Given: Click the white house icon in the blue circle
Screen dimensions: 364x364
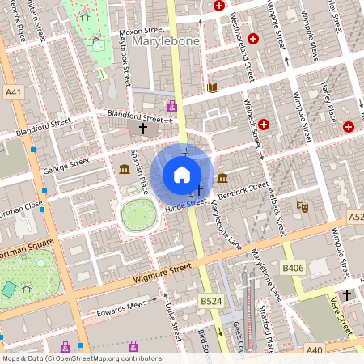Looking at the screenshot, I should (182, 175).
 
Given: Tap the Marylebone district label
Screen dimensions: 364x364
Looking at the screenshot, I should (160, 40).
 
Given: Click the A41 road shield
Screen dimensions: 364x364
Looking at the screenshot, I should (12, 93).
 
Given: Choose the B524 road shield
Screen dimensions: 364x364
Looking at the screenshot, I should (210, 301).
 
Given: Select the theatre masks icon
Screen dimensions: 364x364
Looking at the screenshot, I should (302, 207).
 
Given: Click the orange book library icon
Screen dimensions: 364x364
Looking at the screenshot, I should (213, 87).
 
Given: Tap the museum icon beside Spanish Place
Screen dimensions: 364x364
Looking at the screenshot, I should (124, 169).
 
